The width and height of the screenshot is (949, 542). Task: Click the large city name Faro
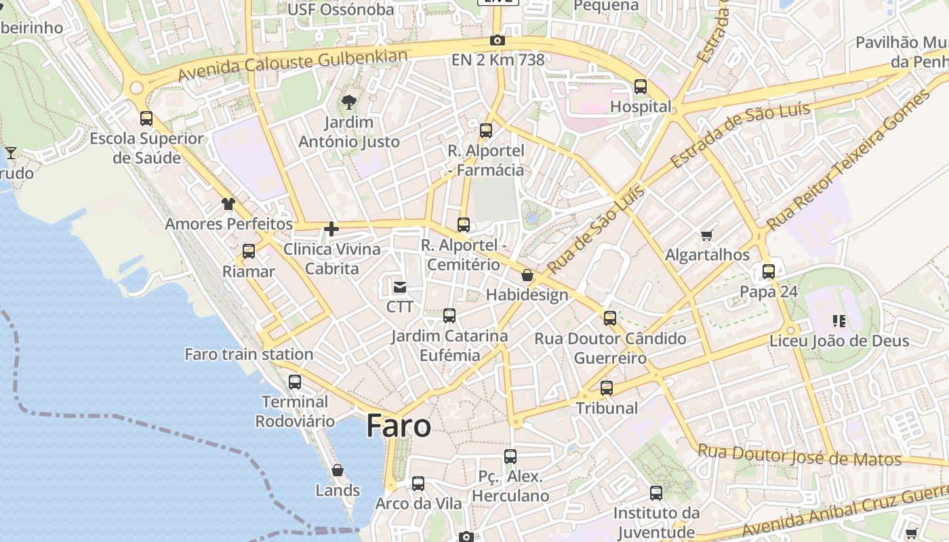399,426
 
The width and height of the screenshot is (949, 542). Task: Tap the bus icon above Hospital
641,87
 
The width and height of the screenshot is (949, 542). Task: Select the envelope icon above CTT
400,287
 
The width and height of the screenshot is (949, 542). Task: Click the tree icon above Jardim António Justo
349,103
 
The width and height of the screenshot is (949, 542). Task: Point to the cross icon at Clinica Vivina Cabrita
331,229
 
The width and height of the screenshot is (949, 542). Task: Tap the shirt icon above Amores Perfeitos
228,203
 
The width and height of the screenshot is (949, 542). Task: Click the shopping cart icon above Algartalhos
707,235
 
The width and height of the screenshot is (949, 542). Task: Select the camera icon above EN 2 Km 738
498,41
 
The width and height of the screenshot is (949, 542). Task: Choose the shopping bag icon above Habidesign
527,275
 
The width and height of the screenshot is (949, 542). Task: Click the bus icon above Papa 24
769,272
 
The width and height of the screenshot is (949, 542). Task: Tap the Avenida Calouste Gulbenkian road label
293,65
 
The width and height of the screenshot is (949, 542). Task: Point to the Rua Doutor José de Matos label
800,455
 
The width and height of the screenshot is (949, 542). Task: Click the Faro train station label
249,354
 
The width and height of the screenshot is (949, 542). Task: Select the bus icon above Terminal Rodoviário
295,382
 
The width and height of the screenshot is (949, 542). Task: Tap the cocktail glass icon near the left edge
11,153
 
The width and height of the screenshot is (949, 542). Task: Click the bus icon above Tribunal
607,388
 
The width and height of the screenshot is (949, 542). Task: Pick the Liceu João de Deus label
839,341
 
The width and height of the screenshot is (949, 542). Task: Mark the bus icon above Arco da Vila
418,484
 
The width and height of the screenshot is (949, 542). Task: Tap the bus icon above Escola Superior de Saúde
146,119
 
